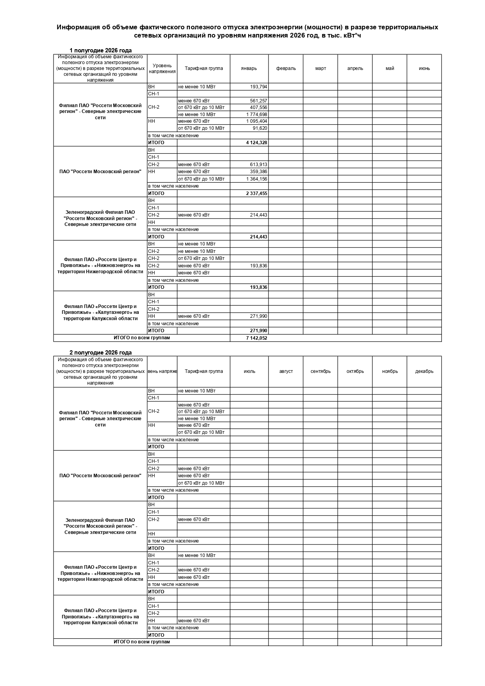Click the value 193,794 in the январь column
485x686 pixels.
258,87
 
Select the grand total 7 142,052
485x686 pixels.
256,338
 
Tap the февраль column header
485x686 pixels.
286,68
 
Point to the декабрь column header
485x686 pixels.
424,371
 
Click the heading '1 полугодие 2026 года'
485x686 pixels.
100,50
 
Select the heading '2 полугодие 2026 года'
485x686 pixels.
100,353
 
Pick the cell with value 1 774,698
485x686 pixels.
256,115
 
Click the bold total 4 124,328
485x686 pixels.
256,143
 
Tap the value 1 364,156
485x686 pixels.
256,179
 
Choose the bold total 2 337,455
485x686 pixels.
256,193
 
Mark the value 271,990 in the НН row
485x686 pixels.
258,316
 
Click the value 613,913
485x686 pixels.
258,165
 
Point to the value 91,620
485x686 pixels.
260,128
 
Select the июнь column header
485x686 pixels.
424,68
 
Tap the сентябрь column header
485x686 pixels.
320,371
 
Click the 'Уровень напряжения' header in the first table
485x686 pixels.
162,68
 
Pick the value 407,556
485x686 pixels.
258,107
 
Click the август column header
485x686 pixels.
286,371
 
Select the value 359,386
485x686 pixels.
258,172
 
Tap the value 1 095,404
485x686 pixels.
256,121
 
